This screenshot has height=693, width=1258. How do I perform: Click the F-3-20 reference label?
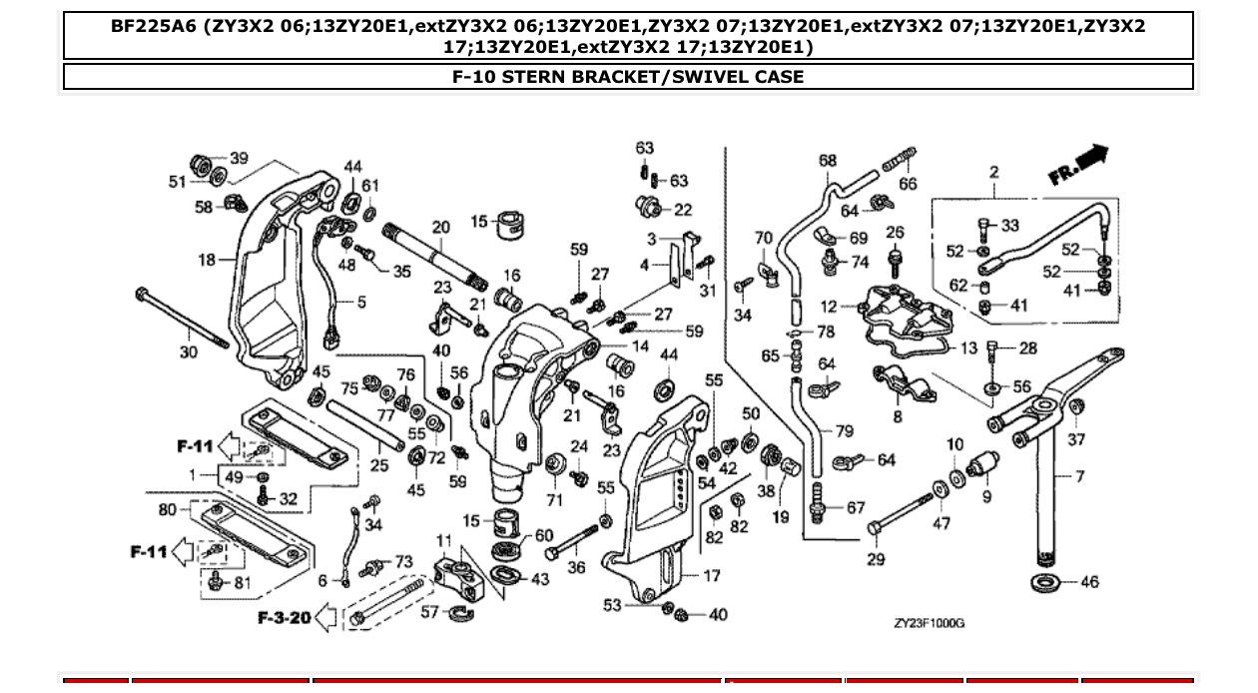click(285, 618)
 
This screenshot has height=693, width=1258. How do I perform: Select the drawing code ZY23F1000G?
click(929, 623)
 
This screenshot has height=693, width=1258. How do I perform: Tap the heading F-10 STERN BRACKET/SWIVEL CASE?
click(628, 77)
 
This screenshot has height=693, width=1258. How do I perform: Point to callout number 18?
click(207, 260)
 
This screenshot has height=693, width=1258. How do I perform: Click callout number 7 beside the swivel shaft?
click(1080, 476)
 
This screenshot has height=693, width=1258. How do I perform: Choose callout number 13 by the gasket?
click(969, 348)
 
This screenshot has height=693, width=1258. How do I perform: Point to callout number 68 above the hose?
click(828, 160)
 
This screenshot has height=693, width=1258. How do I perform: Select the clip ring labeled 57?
click(461, 612)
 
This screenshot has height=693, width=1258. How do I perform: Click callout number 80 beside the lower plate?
click(167, 510)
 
